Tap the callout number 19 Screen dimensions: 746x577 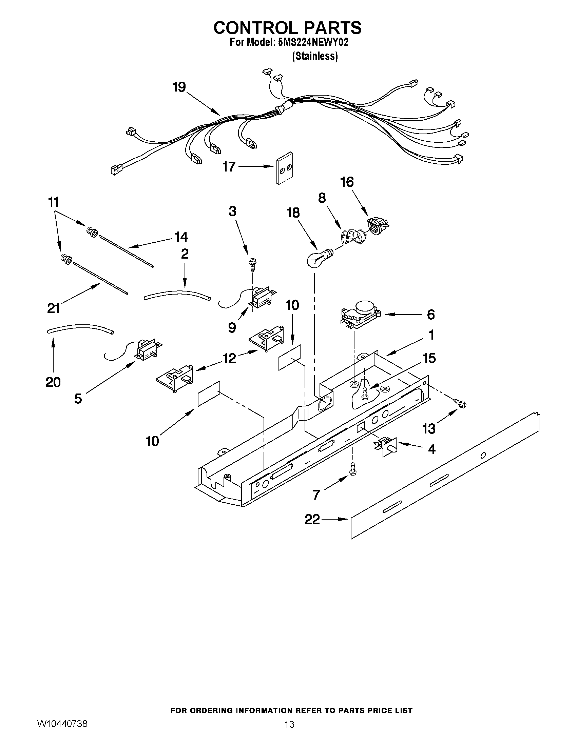(179, 87)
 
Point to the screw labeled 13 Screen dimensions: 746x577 (460, 404)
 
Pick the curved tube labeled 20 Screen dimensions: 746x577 (80, 328)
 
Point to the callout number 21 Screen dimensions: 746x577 (54, 308)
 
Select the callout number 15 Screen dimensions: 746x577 (429, 358)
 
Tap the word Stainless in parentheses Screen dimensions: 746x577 (315, 56)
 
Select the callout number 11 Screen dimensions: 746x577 (54, 202)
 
